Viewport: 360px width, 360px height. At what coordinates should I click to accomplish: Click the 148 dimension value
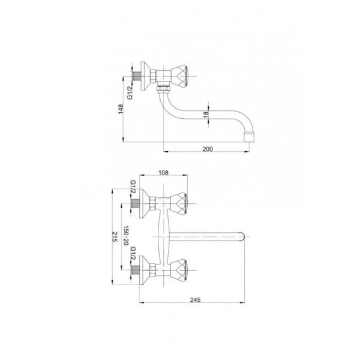121,109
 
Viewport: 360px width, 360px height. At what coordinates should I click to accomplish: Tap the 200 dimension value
208,149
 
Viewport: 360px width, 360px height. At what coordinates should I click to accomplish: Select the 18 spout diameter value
206,115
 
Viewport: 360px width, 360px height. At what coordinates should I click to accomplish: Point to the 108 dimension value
163,172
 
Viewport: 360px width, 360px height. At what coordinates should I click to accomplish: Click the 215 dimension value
115,236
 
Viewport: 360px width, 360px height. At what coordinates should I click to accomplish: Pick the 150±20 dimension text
126,235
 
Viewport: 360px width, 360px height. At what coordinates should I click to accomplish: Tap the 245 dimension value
195,300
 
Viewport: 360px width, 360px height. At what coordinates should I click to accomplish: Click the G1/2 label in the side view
130,92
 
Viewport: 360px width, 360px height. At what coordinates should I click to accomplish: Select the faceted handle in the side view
179,76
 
